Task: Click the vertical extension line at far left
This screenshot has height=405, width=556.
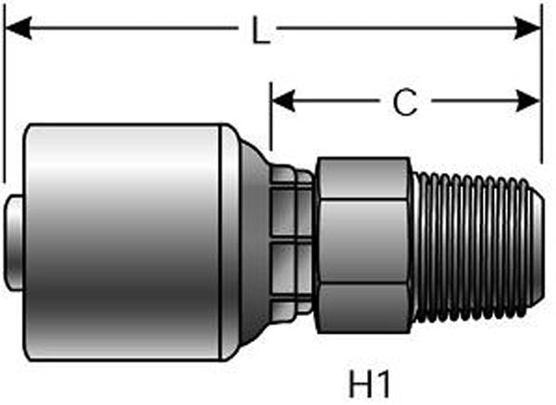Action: coord(4,93)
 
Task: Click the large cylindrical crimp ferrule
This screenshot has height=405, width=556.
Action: coord(125,241)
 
